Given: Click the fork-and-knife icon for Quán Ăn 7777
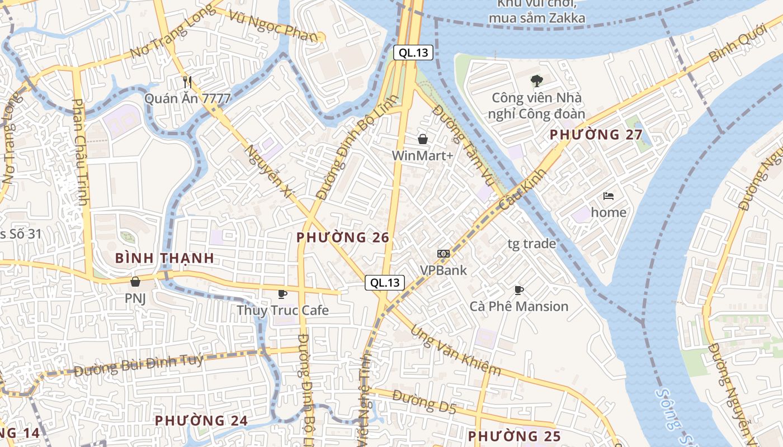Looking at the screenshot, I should tap(187, 82).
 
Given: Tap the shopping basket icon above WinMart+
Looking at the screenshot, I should tap(423, 139).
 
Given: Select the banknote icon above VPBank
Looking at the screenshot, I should tap(444, 254).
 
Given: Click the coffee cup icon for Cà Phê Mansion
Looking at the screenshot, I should tap(518, 290).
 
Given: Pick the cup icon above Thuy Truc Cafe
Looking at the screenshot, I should tap(282, 293).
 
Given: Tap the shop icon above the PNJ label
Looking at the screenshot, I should tap(135, 282).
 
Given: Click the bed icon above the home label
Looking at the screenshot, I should tap(609, 196).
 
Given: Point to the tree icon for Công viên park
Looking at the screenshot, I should tap(536, 81).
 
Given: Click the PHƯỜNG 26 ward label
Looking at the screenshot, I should tap(343, 237).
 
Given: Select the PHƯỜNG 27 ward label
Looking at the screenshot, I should tap(596, 135).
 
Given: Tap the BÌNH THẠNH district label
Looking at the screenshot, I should tap(164, 258).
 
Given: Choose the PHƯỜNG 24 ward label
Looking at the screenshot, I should tap(201, 420).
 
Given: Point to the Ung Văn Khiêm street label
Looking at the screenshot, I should tap(455, 350).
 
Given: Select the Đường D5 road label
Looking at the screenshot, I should tap(424, 402).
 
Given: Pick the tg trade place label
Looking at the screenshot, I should tap(531, 244).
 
